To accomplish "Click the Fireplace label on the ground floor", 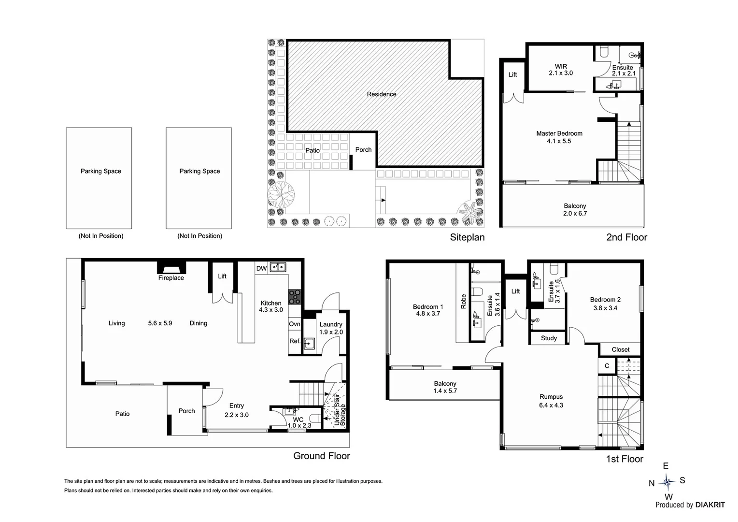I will coord(171,278).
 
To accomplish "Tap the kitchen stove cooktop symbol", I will coord(295,296).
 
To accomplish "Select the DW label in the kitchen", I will coord(261,268).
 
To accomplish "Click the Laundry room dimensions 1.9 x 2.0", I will coord(331,332).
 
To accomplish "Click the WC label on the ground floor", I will coord(298,419).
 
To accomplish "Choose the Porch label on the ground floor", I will coord(186,411).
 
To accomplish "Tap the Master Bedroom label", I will coord(559,133).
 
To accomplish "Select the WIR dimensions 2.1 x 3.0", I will coord(561,73).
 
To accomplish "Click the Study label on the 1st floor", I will coord(549,338).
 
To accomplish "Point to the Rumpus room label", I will coord(551,397).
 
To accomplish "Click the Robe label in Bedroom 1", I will coord(464,302).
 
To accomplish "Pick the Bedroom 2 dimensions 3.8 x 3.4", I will coord(605,308).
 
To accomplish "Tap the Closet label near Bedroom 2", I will coord(620,349).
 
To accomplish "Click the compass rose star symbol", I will coord(667,481).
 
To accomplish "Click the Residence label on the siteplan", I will coord(381,94).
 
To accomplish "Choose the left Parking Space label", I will coord(101,171).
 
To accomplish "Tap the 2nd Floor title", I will coord(626,237).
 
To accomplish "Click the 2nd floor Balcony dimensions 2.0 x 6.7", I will coord(575,213).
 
